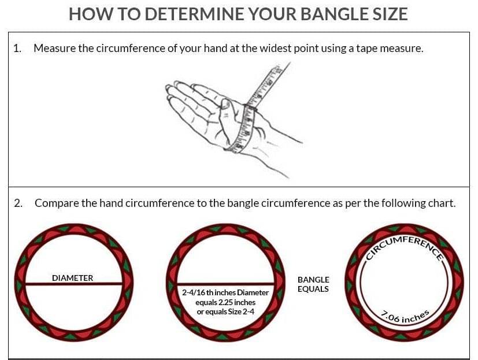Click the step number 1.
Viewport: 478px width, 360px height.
click(17, 48)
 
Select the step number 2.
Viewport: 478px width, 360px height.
click(18, 203)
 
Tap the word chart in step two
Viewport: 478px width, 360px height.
click(442, 203)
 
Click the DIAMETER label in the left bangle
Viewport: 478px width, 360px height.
click(73, 278)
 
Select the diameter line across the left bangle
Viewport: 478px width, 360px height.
click(74, 284)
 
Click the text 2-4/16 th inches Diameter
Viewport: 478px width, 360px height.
click(225, 292)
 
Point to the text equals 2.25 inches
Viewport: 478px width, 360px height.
click(225, 302)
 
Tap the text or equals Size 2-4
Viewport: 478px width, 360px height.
click(225, 311)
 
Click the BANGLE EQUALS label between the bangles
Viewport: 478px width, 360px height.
click(313, 284)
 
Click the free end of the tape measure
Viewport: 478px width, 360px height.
click(288, 64)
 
